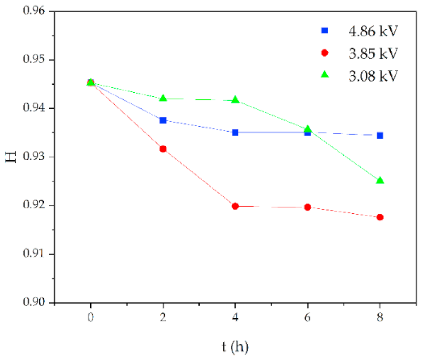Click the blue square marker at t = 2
coord(163,120)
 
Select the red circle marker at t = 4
coord(235,206)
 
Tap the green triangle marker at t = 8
coord(380,181)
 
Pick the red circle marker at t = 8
coord(380,217)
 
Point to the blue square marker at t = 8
coord(380,135)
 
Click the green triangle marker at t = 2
coord(163,98)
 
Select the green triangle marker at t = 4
coord(235,100)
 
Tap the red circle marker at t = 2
coord(163,149)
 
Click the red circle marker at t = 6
coord(308,207)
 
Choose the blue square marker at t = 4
coord(235,132)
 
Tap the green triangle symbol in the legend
coord(325,75)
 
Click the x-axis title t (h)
coord(235,347)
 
